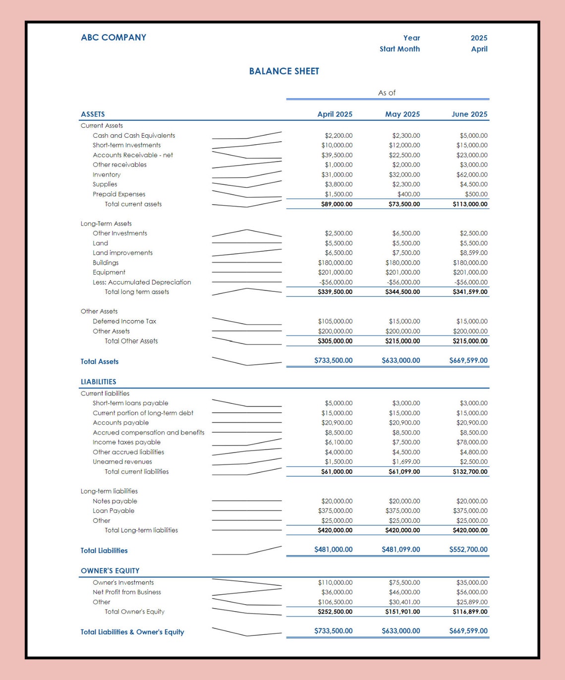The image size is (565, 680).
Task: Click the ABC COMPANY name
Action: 113,38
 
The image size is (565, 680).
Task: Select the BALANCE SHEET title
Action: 284,71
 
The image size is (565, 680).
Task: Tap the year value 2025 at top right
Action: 479,38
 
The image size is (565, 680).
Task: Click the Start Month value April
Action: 479,49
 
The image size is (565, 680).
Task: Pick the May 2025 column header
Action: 402,114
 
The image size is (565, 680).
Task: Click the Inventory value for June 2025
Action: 472,175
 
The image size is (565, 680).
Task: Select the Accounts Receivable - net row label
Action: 133,155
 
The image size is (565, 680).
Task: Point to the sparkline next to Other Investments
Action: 246,233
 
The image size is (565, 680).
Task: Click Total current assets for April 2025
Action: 337,204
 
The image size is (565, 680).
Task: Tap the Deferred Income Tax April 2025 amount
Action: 335,322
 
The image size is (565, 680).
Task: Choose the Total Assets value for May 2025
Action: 400,361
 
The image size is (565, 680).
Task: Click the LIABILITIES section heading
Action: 99,382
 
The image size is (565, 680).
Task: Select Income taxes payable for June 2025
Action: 472,443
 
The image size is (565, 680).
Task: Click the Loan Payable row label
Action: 113,511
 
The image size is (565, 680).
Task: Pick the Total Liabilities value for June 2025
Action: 468,550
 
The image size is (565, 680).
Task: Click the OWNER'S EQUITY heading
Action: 110,571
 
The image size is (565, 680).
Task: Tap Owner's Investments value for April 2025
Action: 335,583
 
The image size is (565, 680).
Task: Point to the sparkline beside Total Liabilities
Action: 246,551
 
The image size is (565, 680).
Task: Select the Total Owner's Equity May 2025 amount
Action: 402,612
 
